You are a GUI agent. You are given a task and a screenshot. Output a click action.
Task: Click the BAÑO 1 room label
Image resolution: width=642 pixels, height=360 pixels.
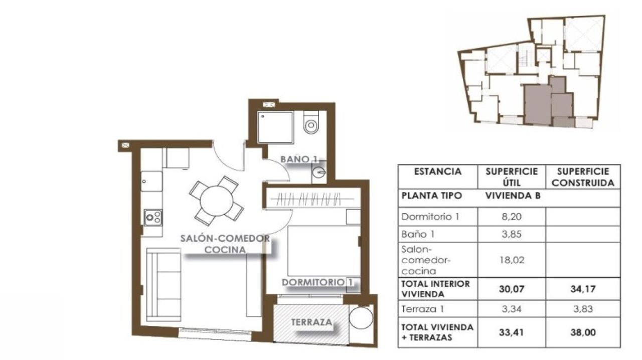tap(299, 159)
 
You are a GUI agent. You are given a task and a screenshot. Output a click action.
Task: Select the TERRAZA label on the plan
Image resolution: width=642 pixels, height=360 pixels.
tap(311, 322)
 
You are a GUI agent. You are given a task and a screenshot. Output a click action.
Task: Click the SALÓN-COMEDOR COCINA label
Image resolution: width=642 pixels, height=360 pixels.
tap(225, 244)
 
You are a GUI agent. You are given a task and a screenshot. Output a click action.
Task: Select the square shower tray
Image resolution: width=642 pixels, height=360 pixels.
tap(275, 127)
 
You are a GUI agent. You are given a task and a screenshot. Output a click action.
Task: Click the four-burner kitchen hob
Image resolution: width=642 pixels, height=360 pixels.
tap(153, 218)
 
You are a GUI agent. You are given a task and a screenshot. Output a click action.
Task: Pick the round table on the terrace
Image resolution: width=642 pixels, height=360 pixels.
tap(361, 318)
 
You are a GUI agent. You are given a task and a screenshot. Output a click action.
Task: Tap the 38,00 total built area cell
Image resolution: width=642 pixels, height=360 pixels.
tap(583, 331)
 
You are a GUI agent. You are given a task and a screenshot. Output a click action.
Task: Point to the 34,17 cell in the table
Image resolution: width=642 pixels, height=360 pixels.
tap(583, 288)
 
